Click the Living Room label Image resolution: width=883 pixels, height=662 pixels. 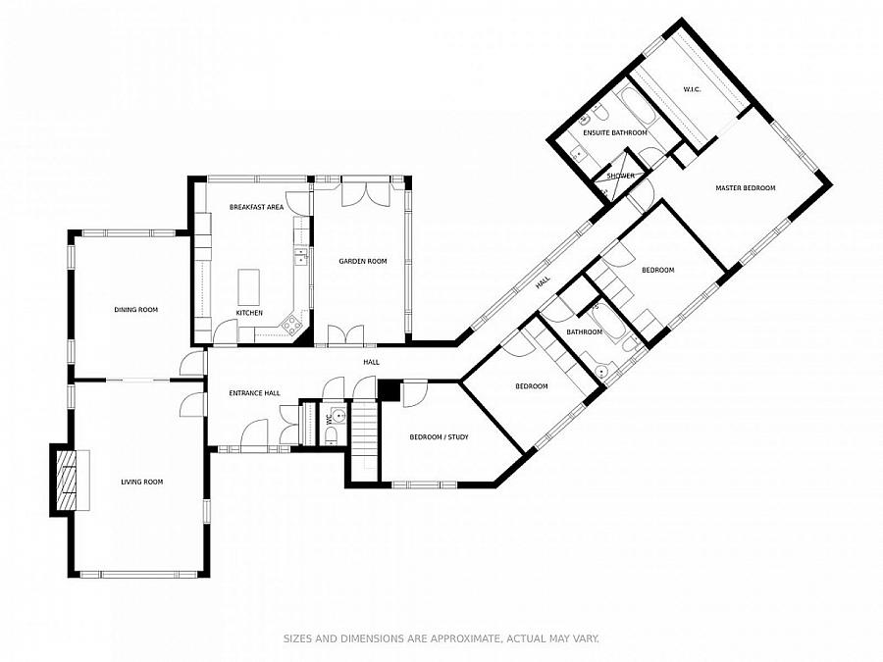click(x=142, y=482)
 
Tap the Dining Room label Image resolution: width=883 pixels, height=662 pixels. click(x=135, y=310)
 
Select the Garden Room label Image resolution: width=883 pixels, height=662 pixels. click(x=363, y=261)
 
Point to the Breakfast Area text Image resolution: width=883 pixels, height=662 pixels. click(x=256, y=207)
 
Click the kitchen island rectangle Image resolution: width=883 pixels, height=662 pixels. click(x=249, y=286)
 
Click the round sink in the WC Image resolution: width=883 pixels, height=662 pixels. click(x=338, y=417)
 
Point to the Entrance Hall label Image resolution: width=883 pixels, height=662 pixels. click(x=254, y=393)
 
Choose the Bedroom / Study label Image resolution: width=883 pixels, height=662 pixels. click(x=439, y=436)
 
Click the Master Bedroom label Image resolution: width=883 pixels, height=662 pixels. click(x=745, y=188)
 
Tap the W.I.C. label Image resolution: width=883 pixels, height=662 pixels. click(x=692, y=89)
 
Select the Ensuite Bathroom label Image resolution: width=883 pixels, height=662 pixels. click(x=615, y=132)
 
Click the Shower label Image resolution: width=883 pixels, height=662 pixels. click(x=621, y=176)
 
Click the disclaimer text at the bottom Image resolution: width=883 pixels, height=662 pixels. click(x=441, y=638)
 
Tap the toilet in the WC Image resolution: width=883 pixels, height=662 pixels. click(x=332, y=435)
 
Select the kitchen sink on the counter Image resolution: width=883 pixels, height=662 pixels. click(x=301, y=258)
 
